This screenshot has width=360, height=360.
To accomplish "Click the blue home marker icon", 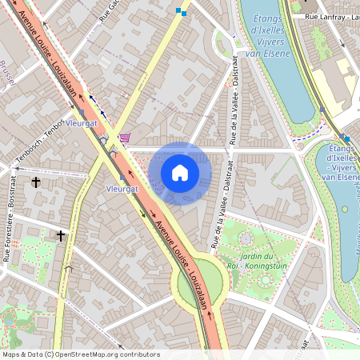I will click(x=180, y=173).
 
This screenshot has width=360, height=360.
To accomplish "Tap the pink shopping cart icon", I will click(x=125, y=138).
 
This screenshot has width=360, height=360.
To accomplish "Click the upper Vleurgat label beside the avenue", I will click(x=82, y=124).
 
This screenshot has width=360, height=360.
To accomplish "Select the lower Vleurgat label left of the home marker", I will click(x=122, y=189).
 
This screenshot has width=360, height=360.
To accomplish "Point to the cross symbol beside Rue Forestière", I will click(x=61, y=235).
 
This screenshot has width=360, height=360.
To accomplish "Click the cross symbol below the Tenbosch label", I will click(x=36, y=182).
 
